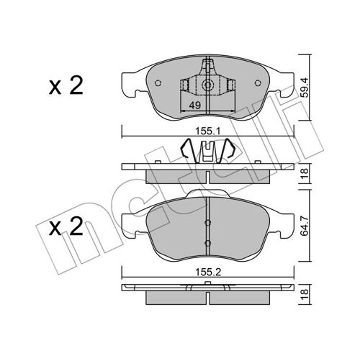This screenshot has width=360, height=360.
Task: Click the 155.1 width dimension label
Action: point(208,132)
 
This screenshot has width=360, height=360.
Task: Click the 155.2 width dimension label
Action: point(208,272)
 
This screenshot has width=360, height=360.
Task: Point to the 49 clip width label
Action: point(195,105)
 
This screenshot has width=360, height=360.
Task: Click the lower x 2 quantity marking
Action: point(66,226)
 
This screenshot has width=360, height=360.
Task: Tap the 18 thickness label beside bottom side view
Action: point(305,294)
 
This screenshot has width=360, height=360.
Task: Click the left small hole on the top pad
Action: point(158,83)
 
